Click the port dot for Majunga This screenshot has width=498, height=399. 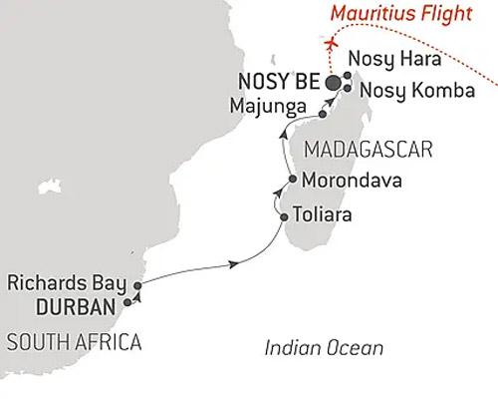tap(323, 116)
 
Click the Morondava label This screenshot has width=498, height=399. tap(346, 183)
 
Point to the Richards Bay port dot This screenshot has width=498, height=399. tap(137, 286)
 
